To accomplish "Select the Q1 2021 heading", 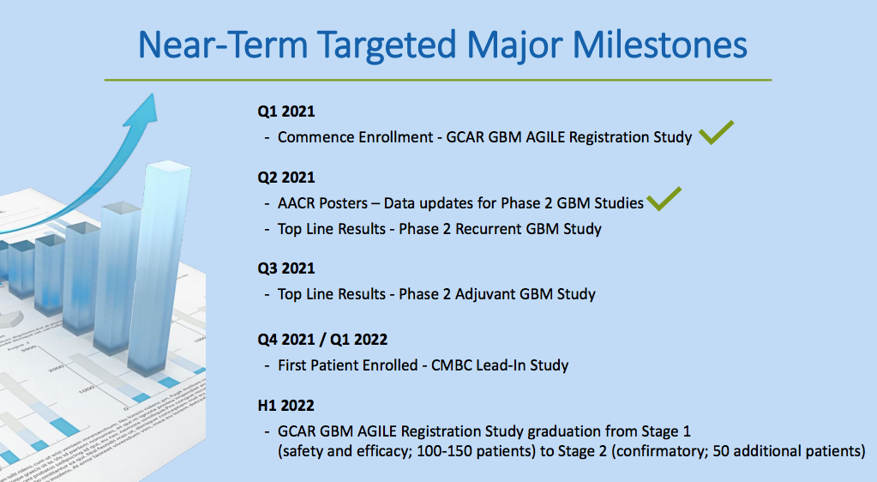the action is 285,111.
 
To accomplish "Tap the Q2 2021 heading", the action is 285,178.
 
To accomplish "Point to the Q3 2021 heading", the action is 285,268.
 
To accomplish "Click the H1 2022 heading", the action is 285,406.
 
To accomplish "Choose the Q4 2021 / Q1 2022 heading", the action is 322,340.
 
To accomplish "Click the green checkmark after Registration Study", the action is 717,133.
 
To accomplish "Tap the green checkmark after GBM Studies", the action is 664,199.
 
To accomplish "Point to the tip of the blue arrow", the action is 152,94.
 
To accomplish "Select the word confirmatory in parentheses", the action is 660,451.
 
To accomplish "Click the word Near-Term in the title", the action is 223,45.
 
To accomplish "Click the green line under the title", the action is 438,80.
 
